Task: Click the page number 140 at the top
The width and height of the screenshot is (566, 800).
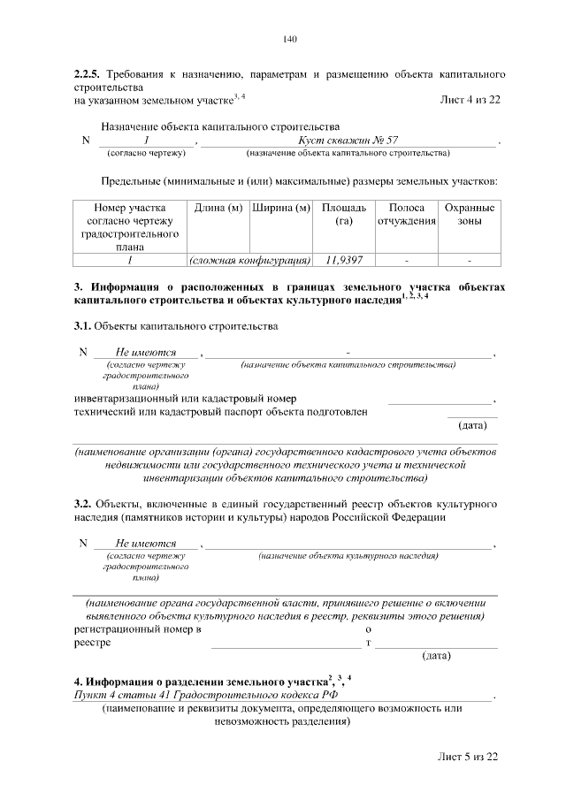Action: click(289, 39)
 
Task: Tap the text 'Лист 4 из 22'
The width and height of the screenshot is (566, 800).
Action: click(470, 98)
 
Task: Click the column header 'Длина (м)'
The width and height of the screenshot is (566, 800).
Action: click(218, 208)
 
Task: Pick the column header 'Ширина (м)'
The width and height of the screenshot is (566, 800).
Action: click(281, 208)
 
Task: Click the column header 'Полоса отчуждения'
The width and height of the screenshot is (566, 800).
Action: click(407, 214)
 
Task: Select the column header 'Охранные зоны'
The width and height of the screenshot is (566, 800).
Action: click(470, 214)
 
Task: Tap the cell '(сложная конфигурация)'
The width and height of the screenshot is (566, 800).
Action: click(250, 261)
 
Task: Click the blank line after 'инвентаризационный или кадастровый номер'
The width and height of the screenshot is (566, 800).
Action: click(440, 400)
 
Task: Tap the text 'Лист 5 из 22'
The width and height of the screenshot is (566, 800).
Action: click(470, 758)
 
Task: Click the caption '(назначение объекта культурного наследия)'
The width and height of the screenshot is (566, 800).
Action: click(348, 557)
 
